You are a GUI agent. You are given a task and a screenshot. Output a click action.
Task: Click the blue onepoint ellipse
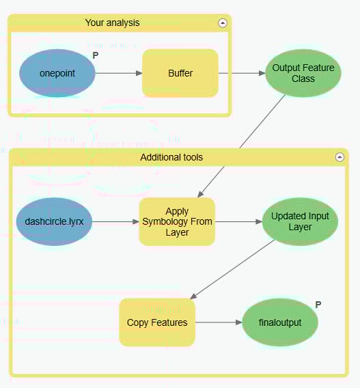pyautogui.click(x=57, y=73)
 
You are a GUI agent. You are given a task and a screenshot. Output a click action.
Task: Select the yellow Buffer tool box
pyautogui.click(x=180, y=73)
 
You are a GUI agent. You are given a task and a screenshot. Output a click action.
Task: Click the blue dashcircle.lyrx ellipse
pyautogui.click(x=54, y=221)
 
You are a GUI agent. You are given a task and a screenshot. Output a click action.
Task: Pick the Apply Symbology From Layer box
pyautogui.click(x=177, y=221)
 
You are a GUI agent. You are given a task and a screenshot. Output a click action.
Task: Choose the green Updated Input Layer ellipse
pyautogui.click(x=300, y=221)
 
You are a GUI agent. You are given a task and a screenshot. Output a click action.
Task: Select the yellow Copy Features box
pyautogui.click(x=157, y=322)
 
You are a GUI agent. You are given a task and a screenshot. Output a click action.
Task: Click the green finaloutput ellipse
pyautogui.click(x=280, y=322)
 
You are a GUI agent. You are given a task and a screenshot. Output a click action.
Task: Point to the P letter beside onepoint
pyautogui.click(x=96, y=55)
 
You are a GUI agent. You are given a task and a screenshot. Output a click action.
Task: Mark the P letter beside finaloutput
pyautogui.click(x=318, y=305)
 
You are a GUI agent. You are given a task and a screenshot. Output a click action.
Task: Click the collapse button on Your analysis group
pyautogui.click(x=222, y=23)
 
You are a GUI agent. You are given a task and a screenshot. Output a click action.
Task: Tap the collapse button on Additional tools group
pyautogui.click(x=340, y=157)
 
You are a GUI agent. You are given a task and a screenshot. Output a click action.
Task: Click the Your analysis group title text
pyautogui.click(x=112, y=23)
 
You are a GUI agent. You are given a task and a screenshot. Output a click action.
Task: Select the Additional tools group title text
pyautogui.click(x=171, y=157)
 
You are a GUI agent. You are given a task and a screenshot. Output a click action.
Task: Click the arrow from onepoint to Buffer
pyautogui.click(x=118, y=73)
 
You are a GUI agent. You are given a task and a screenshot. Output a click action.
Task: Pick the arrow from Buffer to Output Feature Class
pyautogui.click(x=241, y=73)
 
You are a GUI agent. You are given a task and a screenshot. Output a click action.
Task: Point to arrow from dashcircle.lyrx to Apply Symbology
pyautogui.click(x=115, y=221)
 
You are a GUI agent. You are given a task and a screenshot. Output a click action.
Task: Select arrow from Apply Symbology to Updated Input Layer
pyautogui.click(x=238, y=221)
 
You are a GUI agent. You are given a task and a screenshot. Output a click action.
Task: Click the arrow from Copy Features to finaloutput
pyautogui.click(x=219, y=322)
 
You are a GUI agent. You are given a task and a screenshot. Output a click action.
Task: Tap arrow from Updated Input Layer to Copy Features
pyautogui.click(x=232, y=269)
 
